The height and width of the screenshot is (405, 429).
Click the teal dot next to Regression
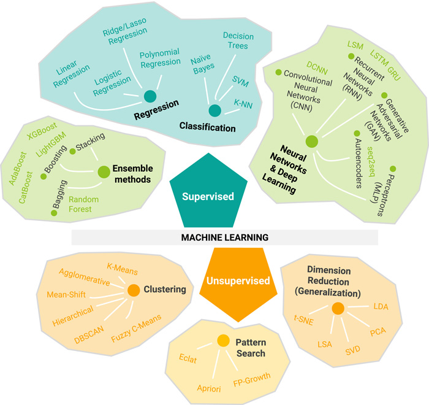coord(149,96)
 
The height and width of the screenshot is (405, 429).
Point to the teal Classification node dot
coord(214,111)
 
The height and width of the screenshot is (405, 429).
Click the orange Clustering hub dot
coord(133,289)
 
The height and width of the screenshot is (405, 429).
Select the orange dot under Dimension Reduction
coord(338,309)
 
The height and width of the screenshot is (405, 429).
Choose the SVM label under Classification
coord(240,80)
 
